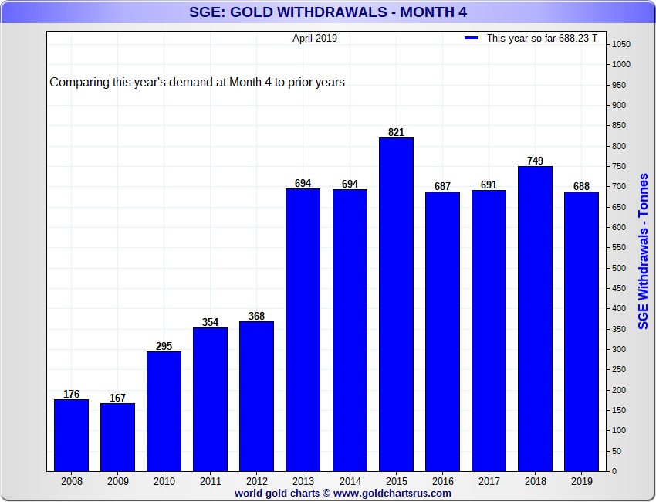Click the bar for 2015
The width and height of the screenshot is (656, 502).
(x=396, y=304)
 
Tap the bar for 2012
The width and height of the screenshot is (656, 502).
(x=256, y=396)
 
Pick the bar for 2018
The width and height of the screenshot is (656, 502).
(x=535, y=318)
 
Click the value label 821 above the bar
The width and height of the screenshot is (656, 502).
(x=396, y=132)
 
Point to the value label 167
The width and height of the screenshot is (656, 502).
(x=117, y=398)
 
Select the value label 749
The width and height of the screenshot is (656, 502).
(x=535, y=161)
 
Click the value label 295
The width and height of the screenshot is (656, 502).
(x=164, y=346)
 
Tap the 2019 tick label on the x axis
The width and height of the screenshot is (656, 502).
(x=581, y=480)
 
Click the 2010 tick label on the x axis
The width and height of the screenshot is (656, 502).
(x=164, y=480)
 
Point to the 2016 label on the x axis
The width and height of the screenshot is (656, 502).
(x=442, y=480)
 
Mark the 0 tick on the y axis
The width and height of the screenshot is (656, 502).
(x=614, y=471)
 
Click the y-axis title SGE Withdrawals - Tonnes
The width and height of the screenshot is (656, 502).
(x=643, y=251)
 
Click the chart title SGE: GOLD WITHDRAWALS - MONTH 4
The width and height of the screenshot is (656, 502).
(x=328, y=12)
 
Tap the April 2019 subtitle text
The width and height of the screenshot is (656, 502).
(x=314, y=38)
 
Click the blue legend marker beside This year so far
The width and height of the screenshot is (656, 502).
(x=472, y=38)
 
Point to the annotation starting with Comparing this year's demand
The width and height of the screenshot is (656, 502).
(x=197, y=82)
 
